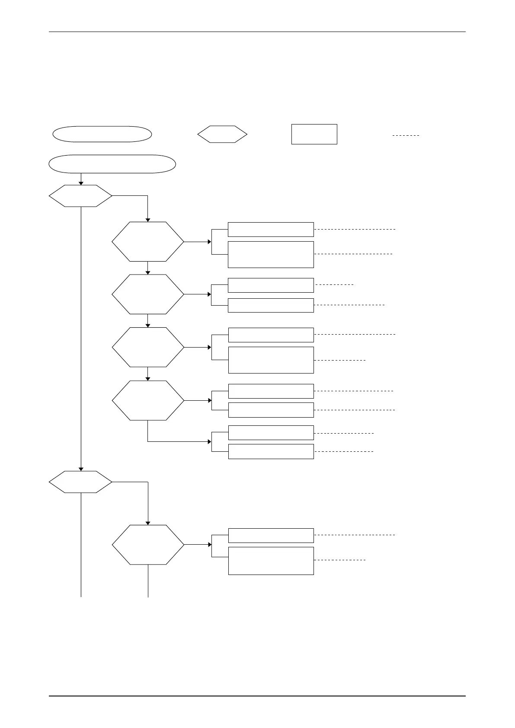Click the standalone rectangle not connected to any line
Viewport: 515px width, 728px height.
[x=314, y=134]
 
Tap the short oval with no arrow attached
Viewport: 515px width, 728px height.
[x=102, y=134]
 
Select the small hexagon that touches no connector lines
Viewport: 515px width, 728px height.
[x=222, y=134]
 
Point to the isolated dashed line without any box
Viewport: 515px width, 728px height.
[x=406, y=136]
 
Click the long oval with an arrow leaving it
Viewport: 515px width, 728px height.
[x=112, y=164]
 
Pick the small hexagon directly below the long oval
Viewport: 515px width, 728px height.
[x=80, y=196]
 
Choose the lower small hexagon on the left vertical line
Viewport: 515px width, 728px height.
[x=80, y=482]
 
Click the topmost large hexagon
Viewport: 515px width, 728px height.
[x=148, y=242]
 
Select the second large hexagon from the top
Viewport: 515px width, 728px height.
[x=148, y=294]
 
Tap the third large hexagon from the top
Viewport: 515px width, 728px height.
[x=148, y=347]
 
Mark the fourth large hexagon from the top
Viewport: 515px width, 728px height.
[x=148, y=400]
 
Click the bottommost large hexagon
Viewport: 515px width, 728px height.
[x=148, y=545]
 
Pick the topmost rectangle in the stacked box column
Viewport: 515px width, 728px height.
[x=271, y=230]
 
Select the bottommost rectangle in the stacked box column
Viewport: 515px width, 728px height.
[x=271, y=561]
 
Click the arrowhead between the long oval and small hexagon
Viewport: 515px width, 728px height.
[x=81, y=183]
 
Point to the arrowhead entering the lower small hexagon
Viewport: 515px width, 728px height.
[x=81, y=469]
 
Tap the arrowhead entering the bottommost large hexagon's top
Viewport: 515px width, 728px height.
[x=148, y=523]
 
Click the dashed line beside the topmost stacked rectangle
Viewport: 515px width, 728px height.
[x=355, y=229]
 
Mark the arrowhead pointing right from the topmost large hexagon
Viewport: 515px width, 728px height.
[x=209, y=242]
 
